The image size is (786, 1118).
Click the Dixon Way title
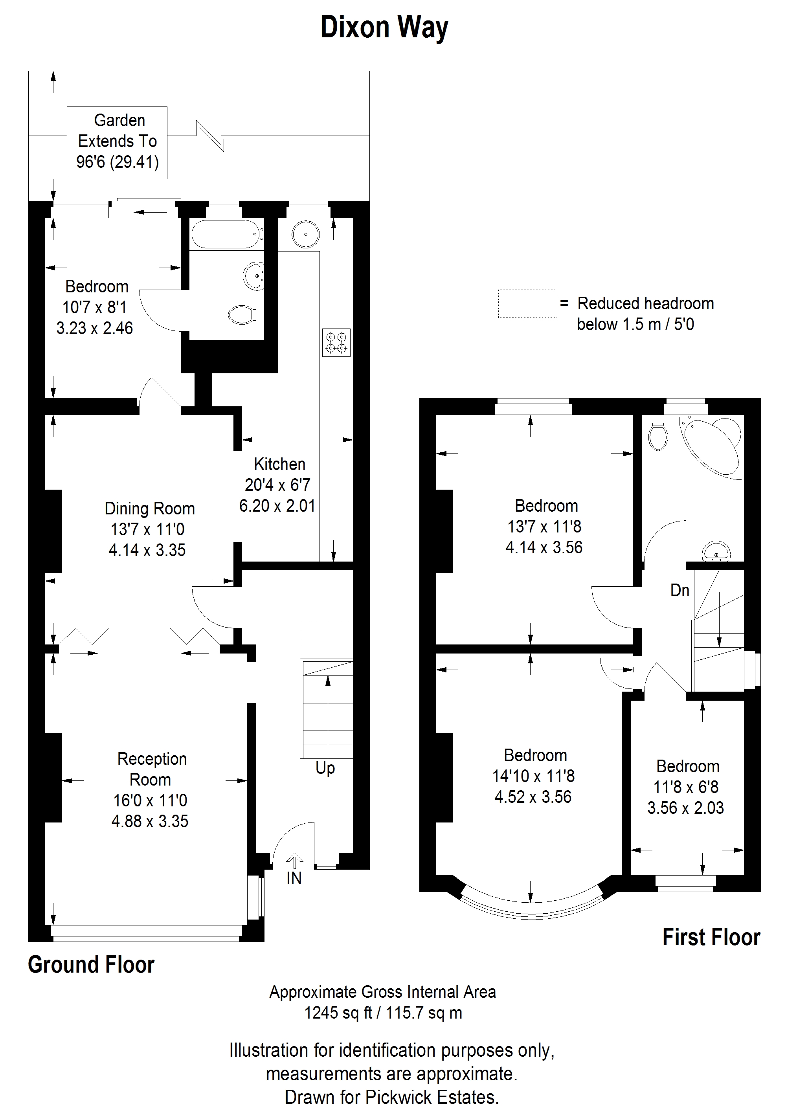pyautogui.click(x=384, y=28)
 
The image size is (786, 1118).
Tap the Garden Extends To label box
pyautogui.click(x=117, y=143)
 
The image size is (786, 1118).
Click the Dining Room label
pyautogui.click(x=149, y=529)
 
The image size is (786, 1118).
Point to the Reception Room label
pyautogui.click(x=150, y=790)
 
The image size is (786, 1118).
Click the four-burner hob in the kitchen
pyautogui.click(x=336, y=342)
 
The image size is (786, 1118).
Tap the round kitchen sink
pyautogui.click(x=306, y=235)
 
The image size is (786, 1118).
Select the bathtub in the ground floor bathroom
pyautogui.click(x=226, y=235)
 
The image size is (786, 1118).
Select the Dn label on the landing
pyautogui.click(x=680, y=591)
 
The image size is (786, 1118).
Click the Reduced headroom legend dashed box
pyautogui.click(x=527, y=304)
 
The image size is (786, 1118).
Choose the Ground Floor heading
pyautogui.click(x=91, y=965)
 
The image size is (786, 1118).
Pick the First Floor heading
pyautogui.click(x=711, y=937)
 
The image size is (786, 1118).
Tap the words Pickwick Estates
pyautogui.click(x=432, y=1098)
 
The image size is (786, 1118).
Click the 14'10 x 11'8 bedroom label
pyautogui.click(x=534, y=776)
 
